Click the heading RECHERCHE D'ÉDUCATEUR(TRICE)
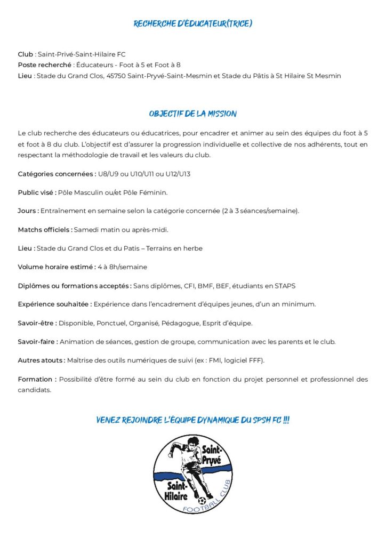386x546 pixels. pos(192,23)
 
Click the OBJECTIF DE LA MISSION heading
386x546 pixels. pos(192,114)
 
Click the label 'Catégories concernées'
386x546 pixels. pos(57,174)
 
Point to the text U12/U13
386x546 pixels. pos(178,174)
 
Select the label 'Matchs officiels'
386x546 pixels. pos(45,230)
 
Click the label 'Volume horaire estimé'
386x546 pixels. pos(56,267)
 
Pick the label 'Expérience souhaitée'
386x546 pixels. pos(54,304)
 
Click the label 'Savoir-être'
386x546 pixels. pos(37,323)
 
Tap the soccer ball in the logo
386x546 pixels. pos(202,501)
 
